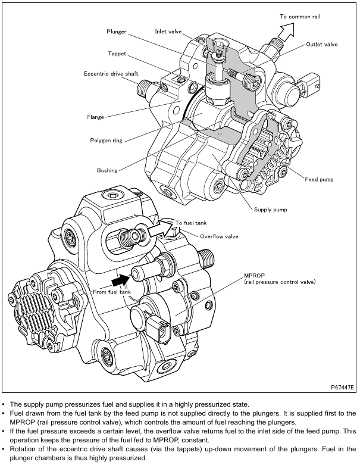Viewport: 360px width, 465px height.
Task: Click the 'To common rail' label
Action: tap(300, 16)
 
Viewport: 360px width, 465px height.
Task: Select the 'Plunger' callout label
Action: tap(116, 30)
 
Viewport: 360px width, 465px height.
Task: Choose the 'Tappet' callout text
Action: tap(117, 52)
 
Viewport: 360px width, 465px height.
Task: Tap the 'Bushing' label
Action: tap(107, 170)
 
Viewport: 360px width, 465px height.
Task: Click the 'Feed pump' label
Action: tap(319, 179)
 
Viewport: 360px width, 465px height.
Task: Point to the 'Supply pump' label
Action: tap(271, 210)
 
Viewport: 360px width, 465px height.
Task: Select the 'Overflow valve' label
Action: tap(219, 236)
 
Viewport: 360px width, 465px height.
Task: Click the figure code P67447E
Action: tap(342, 387)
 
